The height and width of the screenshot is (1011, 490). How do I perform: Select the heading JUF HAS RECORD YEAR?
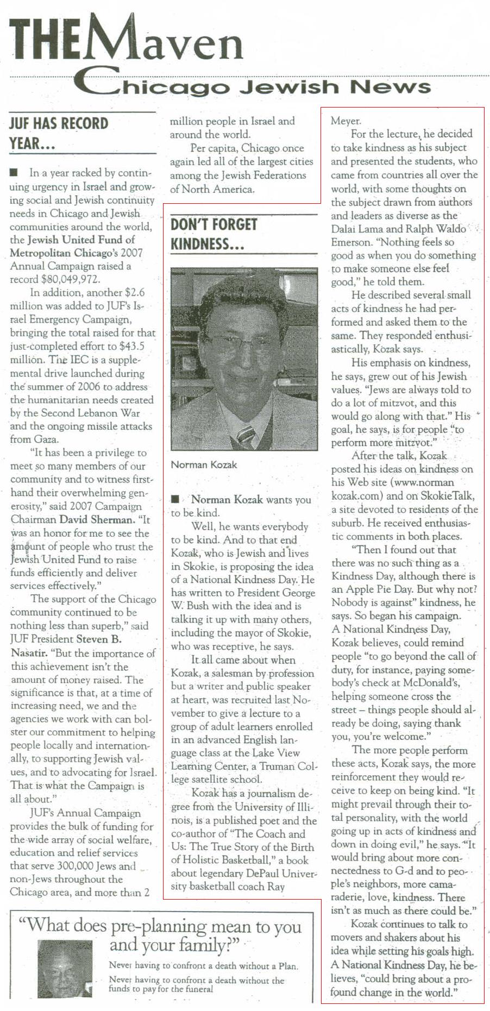pos(59,133)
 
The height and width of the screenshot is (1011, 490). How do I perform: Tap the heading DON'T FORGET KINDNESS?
pos(215,234)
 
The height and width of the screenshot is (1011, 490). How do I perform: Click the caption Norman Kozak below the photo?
pos(204,464)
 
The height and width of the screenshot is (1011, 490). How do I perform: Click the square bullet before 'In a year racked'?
pos(14,173)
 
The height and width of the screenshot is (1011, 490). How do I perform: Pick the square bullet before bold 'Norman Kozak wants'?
pos(175,499)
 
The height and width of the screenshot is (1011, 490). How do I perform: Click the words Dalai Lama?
pos(359,229)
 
